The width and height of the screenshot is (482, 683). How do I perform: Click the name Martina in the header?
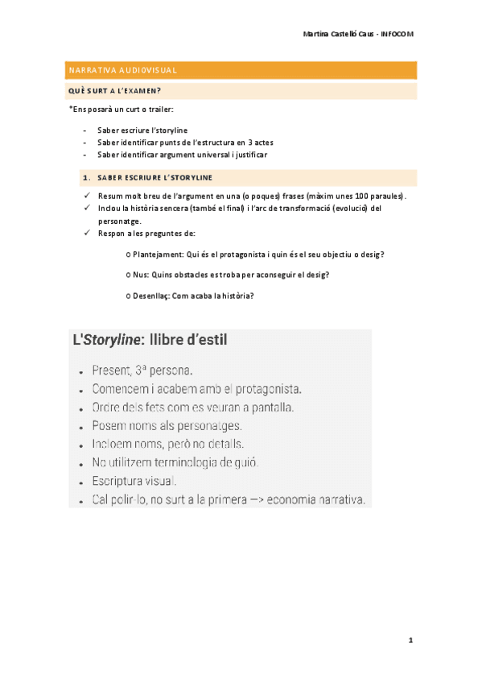click(318, 35)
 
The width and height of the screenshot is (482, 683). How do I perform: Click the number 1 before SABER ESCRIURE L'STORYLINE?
click(84, 177)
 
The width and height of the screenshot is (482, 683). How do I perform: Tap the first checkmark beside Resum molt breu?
click(86, 196)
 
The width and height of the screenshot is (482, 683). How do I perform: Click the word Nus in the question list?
click(140, 275)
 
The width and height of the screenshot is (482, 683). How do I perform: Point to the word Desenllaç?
click(151, 295)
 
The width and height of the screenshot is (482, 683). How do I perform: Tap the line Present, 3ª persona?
click(142, 371)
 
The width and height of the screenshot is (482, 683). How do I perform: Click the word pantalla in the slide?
click(271, 408)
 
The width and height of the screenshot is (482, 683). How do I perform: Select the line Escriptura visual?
click(134, 481)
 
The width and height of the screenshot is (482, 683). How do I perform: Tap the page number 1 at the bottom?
click(410, 640)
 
